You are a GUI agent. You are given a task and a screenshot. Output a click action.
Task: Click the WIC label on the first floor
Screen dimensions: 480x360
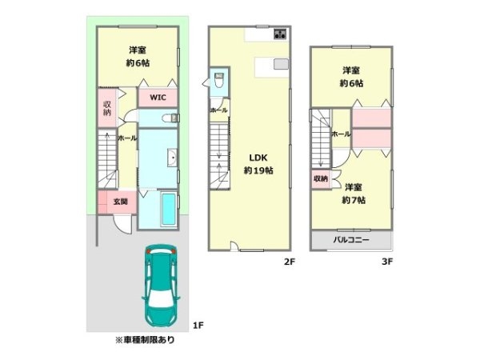(158, 98)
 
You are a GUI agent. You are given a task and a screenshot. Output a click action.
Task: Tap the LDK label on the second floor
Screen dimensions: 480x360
(258, 158)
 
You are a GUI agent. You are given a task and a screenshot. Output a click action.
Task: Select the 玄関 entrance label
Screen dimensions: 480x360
(121, 202)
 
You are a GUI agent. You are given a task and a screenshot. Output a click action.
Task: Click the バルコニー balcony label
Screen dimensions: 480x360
(351, 240)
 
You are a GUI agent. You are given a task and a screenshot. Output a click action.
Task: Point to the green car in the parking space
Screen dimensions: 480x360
(161, 286)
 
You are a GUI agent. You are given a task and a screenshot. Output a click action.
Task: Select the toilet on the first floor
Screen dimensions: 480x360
(170, 118)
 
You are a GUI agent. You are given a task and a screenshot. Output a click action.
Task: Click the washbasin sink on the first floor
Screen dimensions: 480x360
(172, 158)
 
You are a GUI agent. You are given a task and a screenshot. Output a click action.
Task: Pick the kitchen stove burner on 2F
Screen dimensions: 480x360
(280, 34)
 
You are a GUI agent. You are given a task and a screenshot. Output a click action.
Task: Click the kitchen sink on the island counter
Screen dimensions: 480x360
(281, 64)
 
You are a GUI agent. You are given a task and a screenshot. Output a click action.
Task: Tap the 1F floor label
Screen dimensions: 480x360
(198, 325)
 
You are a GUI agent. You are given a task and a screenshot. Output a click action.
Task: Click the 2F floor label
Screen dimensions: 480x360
(290, 262)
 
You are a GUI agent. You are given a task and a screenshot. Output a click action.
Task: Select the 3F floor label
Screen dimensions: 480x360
(387, 262)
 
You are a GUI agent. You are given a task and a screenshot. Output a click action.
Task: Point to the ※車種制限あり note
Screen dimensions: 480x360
(145, 340)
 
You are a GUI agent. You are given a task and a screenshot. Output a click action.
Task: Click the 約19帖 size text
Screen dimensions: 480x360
(258, 170)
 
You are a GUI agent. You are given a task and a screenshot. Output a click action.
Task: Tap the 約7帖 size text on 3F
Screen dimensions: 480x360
(354, 200)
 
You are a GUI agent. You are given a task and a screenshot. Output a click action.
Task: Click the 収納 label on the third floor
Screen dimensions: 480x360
(321, 178)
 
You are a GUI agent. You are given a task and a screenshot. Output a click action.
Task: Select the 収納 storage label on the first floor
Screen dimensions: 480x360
(107, 108)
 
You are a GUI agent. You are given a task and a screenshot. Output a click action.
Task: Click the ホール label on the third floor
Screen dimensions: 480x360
(341, 134)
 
